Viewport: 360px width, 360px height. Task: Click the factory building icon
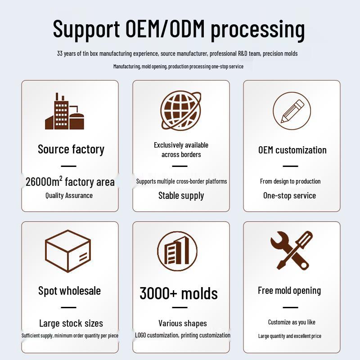64,111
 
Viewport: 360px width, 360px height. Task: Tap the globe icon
181,110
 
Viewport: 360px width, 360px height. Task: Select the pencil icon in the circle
292,111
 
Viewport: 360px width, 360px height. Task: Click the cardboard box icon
68,251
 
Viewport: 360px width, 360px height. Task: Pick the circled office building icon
177,251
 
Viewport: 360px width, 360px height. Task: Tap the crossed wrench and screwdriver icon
292,251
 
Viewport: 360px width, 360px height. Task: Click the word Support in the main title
86,29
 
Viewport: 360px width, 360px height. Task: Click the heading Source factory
71,149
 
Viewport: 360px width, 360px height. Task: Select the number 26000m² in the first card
44,182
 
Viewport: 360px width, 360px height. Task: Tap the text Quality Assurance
69,196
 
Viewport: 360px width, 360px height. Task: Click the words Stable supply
181,196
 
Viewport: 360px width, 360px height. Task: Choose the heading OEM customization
292,150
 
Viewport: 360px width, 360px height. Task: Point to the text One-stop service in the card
289,196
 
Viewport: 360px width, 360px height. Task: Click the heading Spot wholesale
69,291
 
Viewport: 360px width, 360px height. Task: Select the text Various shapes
183,324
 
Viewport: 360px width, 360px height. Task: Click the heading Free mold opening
289,291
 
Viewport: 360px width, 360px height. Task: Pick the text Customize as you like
292,322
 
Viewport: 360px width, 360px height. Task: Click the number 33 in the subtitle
60,54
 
